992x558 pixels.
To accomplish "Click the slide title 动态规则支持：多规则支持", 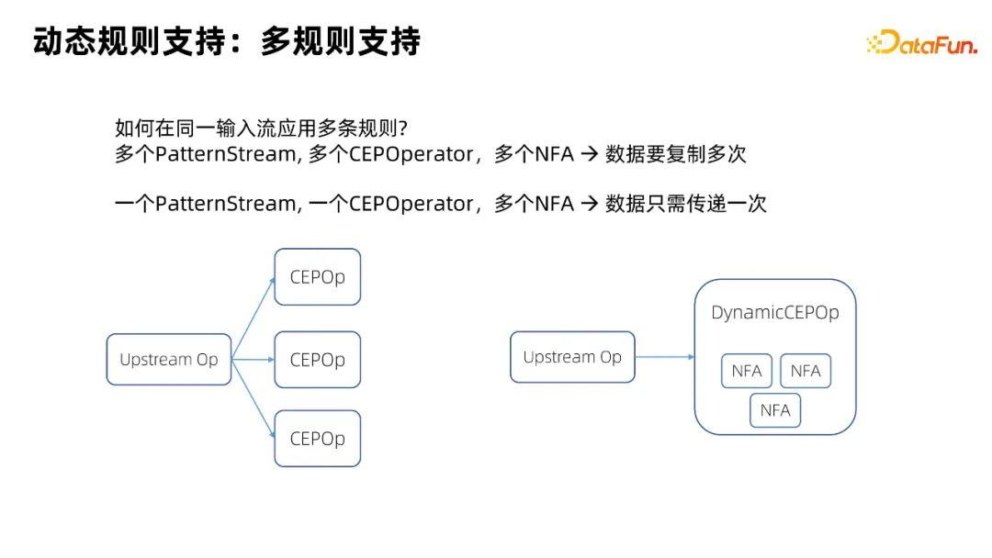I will pos(226,42).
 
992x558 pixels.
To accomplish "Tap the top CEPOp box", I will pos(317,276).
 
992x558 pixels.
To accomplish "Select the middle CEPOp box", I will pos(317,360).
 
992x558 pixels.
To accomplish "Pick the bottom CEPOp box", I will pos(317,439).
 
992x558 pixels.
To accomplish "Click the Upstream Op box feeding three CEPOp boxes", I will pos(169,360).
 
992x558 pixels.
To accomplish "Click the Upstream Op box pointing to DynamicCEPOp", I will pos(572,357).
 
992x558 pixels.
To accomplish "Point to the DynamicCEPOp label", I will pos(774,313).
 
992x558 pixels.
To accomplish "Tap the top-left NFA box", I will pos(746,371).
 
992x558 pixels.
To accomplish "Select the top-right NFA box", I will pos(805,371).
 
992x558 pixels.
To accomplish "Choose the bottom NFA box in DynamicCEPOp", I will pos(775,410).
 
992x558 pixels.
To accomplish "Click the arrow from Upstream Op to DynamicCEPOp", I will pos(664,357).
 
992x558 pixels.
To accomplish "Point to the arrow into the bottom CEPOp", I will pos(254,398).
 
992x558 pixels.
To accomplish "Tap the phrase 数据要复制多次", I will pos(675,154).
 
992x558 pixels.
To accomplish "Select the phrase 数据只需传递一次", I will pos(685,204).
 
